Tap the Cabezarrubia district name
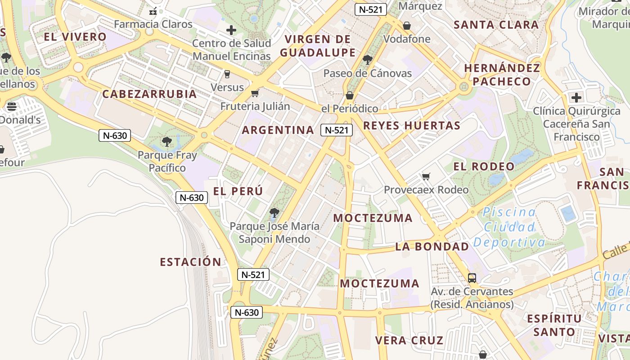point(149,94)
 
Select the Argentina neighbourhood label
point(278,130)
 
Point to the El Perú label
point(238,191)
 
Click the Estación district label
point(191,262)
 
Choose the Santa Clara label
point(496,25)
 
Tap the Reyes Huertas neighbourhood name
point(412,126)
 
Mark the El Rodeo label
point(484,166)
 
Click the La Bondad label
point(432,247)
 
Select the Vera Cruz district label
point(409,340)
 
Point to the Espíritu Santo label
point(554,325)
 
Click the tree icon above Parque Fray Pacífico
point(167,142)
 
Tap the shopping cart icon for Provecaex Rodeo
point(426,176)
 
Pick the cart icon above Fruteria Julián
point(255,93)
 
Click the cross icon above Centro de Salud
point(231,30)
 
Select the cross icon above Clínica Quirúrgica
point(576,97)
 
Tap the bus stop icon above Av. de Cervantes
point(472,278)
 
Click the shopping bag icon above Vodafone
point(407,26)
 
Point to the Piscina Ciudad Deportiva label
point(509,227)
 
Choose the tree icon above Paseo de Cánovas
point(368,59)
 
